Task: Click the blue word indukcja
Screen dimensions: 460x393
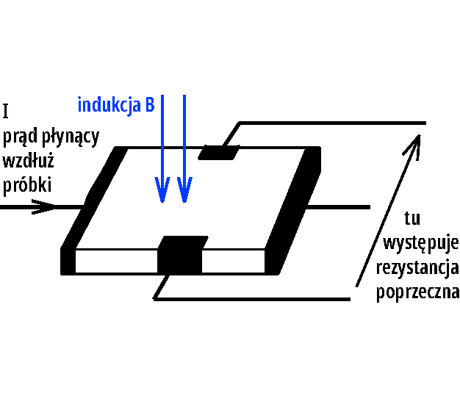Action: tap(109, 106)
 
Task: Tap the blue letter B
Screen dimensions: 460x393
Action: tap(150, 104)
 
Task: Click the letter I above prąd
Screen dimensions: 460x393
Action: tap(6, 111)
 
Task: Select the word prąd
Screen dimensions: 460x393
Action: tap(21, 137)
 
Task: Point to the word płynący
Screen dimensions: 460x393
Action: tap(71, 137)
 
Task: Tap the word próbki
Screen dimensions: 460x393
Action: tap(27, 185)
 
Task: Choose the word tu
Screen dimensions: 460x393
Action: tap(412, 218)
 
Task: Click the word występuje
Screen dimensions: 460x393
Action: tap(421, 243)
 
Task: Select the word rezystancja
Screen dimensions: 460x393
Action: tap(417, 268)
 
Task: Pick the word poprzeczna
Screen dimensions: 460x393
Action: tap(418, 292)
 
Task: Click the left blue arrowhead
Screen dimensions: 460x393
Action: tap(162, 190)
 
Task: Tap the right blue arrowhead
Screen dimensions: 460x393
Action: tap(184, 190)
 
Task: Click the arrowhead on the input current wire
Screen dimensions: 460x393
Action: tap(43, 206)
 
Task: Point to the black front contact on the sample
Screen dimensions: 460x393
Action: tap(182, 255)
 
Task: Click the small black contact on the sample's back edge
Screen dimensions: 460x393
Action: tap(219, 153)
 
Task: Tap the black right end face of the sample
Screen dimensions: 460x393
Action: tap(293, 209)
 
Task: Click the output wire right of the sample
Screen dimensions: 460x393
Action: tap(338, 207)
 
